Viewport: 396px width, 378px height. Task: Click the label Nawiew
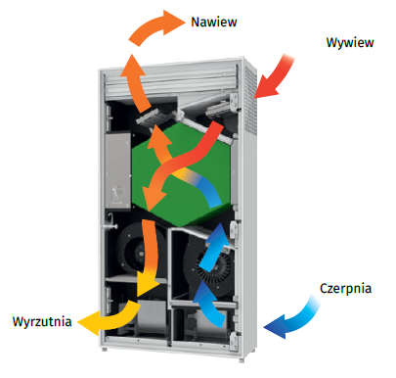pyautogui.click(x=214, y=23)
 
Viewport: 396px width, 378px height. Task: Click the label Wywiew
pyautogui.click(x=350, y=43)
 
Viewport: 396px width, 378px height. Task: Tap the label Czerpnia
pyautogui.click(x=345, y=288)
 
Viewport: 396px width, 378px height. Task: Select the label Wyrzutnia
pyautogui.click(x=42, y=321)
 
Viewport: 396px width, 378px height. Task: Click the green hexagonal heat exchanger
pyautogui.click(x=183, y=174)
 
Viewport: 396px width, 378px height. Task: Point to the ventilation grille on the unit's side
pyautogui.click(x=250, y=98)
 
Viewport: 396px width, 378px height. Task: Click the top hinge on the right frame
pyautogui.click(x=234, y=102)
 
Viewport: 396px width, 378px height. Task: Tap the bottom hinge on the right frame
pyautogui.click(x=234, y=341)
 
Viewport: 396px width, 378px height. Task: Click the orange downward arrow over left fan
pyautogui.click(x=149, y=258)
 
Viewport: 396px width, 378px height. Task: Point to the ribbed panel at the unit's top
pyautogui.click(x=169, y=80)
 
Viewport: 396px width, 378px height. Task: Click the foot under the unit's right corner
pyautogui.click(x=242, y=360)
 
